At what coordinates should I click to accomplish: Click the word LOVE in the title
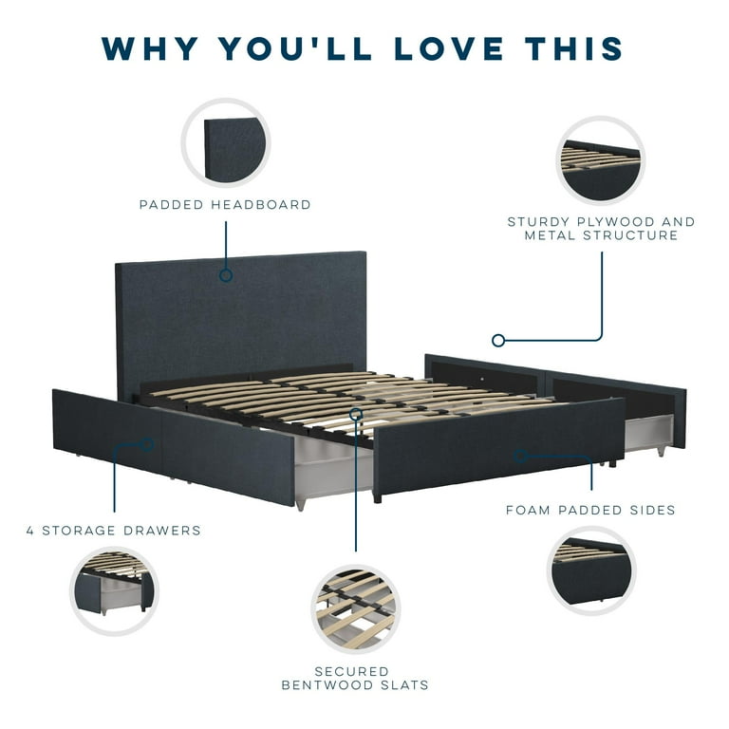coord(449,48)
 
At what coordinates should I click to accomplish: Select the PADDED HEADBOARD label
coord(225,205)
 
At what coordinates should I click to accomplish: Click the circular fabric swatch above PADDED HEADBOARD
coord(226,142)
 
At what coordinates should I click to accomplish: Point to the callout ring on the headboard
coord(226,275)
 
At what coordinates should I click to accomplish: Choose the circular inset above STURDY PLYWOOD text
coord(600,160)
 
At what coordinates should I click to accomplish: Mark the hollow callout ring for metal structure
coord(498,341)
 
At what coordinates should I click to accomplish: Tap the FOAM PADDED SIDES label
coord(590,510)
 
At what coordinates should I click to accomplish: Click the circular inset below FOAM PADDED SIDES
coord(591,570)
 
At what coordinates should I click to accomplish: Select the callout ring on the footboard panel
coord(520,457)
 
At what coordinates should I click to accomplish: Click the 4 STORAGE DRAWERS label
coord(114,531)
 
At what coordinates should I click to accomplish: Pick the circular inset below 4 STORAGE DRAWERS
coord(114,591)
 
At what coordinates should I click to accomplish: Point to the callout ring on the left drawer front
coord(147,445)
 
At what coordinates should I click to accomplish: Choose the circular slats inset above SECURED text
coord(356,609)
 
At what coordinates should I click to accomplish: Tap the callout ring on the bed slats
coord(356,414)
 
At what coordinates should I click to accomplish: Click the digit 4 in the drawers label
coord(30,531)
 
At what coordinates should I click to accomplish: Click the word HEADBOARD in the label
coord(261,205)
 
